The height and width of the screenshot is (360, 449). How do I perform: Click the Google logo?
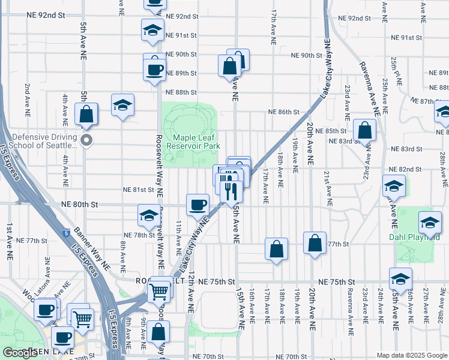tap(20, 353)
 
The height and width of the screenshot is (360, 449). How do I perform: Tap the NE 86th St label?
tap(283, 112)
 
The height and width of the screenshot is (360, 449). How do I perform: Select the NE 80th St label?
tap(79, 205)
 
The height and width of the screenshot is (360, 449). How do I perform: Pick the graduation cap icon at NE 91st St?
tap(153, 31)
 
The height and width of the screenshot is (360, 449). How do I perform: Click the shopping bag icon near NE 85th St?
tap(364, 130)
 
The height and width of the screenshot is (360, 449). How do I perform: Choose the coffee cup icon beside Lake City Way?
tap(197, 206)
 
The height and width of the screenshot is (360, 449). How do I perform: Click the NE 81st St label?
tap(139, 190)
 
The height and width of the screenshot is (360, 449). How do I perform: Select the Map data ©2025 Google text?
tap(412, 355)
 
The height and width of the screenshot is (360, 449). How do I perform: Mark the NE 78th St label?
tap(139, 235)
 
